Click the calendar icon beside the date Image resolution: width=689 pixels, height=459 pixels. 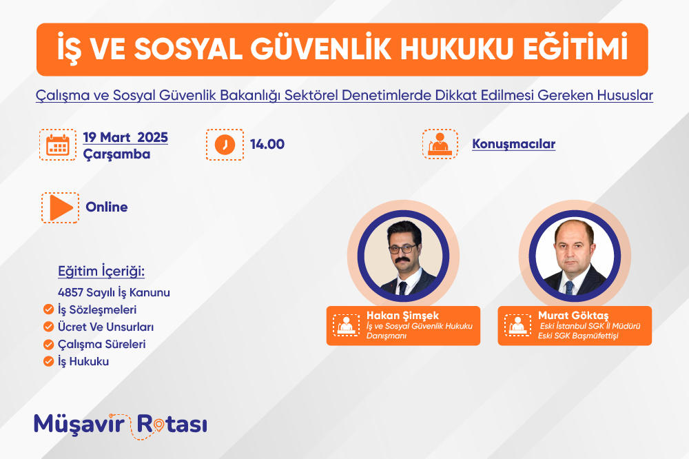pyautogui.click(x=58, y=145)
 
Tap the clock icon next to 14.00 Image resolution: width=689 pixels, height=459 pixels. pyautogui.click(x=225, y=145)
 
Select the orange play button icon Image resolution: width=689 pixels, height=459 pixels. pyautogui.click(x=61, y=207)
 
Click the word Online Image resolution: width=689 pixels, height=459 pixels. pyautogui.click(x=107, y=207)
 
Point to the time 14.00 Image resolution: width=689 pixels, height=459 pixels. pyautogui.click(x=267, y=144)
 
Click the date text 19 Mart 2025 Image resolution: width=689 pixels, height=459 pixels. pyautogui.click(x=125, y=137)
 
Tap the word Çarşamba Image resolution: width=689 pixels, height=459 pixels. pyautogui.click(x=117, y=155)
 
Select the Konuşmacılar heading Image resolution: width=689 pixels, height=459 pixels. pyautogui.click(x=514, y=144)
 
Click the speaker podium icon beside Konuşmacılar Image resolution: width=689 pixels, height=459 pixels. pyautogui.click(x=440, y=144)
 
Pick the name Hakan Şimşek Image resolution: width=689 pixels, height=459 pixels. pyautogui.click(x=403, y=316)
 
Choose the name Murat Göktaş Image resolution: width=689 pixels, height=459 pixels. pyautogui.click(x=573, y=316)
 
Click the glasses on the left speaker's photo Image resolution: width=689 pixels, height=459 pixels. pyautogui.click(x=402, y=249)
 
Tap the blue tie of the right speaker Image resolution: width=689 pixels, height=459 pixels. pyautogui.click(x=570, y=287)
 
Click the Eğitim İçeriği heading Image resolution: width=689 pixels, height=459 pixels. pyautogui.click(x=101, y=272)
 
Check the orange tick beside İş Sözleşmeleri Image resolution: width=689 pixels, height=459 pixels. pyautogui.click(x=48, y=309)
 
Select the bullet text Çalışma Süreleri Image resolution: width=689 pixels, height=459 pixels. pyautogui.click(x=102, y=345)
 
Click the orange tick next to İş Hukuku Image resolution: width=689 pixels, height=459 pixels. pyautogui.click(x=48, y=361)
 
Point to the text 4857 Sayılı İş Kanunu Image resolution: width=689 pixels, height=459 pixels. pyautogui.click(x=114, y=292)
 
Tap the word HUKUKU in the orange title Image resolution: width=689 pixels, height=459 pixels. pyautogui.click(x=457, y=49)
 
